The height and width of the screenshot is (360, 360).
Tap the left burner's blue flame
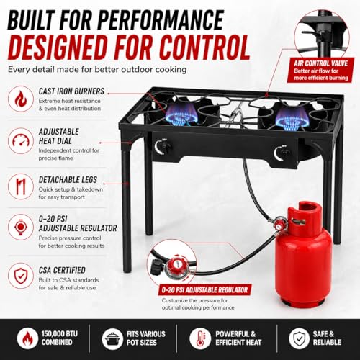pyautogui.click(x=181, y=116)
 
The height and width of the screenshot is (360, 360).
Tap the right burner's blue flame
pyautogui.click(x=292, y=117)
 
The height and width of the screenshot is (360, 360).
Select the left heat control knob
pyautogui.click(x=165, y=146)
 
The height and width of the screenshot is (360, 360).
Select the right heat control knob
pyautogui.click(x=284, y=153)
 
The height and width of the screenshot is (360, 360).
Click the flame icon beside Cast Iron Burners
pyautogui.click(x=21, y=99)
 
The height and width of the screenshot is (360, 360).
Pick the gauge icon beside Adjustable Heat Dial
pyautogui.click(x=21, y=140)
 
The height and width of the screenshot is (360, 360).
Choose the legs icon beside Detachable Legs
pyautogui.click(x=21, y=186)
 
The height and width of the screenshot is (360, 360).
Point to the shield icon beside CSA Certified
pyautogui.click(x=21, y=276)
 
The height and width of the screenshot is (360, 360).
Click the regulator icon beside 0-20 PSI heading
pyautogui.click(x=21, y=227)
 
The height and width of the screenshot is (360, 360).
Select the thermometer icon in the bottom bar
pyautogui.click(x=200, y=338)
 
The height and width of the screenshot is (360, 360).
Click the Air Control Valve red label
pyautogui.click(x=320, y=70)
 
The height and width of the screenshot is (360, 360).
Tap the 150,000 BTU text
pyautogui.click(x=60, y=334)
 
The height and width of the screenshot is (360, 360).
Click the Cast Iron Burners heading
pyautogui.click(x=71, y=91)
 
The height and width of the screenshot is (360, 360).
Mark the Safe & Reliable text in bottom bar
pyautogui.click(x=327, y=338)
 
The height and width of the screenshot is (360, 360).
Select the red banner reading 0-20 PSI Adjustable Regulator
pyautogui.click(x=204, y=290)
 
